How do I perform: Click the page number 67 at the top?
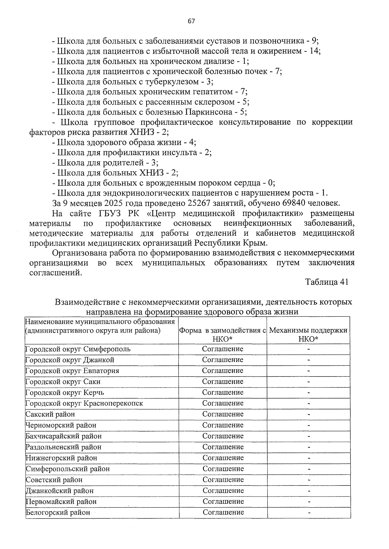coord(191,21)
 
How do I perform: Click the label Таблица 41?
coord(326,282)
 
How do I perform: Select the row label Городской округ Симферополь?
coord(78,349)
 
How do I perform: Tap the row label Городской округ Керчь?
coord(65,393)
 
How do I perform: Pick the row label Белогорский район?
coord(58,512)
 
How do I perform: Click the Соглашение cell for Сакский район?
coord(223,414)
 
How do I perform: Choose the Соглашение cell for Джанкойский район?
coord(223,490)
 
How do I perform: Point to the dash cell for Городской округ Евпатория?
coord(309,371)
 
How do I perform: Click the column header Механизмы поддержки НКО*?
coord(308,334)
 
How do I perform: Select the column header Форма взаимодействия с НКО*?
coord(223,334)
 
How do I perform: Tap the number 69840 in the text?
coord(295,203)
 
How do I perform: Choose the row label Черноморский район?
coord(61,425)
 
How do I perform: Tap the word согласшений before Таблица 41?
coord(54,273)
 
